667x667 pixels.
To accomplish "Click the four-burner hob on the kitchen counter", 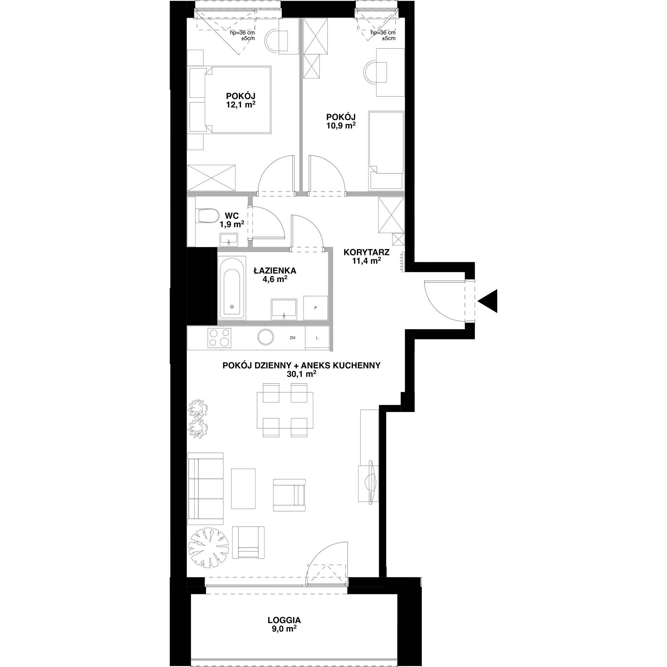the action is [219, 337].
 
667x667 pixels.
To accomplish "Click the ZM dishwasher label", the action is [292, 338].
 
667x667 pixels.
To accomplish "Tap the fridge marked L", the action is [317, 338].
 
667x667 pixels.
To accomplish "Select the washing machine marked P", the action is [315, 307].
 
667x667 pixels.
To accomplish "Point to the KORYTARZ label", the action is [367, 252].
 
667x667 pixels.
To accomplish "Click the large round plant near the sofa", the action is [209, 548].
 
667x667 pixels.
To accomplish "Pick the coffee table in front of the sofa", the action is [243, 489].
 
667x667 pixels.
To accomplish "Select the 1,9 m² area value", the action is [232, 224].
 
